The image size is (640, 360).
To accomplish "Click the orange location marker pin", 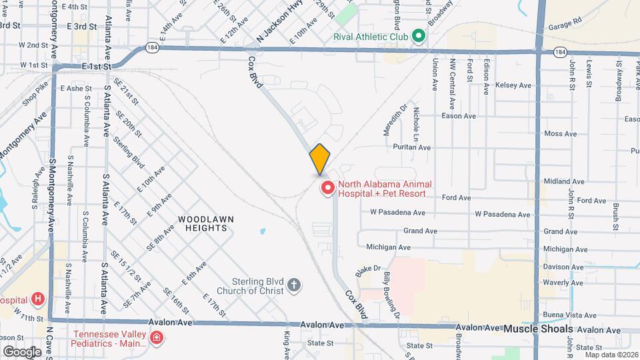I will click(319, 159).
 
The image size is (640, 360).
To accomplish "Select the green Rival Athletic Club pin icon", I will click(419, 35).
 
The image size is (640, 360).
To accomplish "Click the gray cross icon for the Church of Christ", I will click(294, 287).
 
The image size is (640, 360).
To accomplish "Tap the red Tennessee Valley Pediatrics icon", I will click(157, 339).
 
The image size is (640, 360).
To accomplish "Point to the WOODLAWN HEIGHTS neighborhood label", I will click(202, 223).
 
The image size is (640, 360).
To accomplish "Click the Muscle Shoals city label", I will click(538, 329).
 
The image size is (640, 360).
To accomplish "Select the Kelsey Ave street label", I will click(514, 85).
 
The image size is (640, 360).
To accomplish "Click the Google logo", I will click(22, 352).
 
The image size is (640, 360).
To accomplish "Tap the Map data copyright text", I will click(609, 355).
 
